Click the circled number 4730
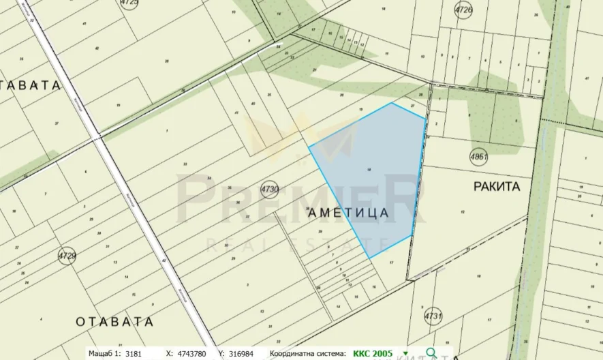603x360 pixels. click(270, 188)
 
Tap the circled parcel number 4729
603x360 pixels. click(67, 256)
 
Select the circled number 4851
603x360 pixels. click(480, 157)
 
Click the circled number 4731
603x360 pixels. click(433, 317)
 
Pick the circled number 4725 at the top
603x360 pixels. click(129, 3)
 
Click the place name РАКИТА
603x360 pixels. click(496, 186)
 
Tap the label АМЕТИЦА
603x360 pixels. click(349, 213)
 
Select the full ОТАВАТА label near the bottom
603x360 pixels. click(114, 321)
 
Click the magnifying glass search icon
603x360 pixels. click(431, 353)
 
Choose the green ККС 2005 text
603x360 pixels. click(373, 353)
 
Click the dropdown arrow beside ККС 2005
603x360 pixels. click(406, 353)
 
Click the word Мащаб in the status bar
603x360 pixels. click(104, 353)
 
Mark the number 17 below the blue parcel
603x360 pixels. click(391, 262)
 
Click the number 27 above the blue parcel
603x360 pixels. click(412, 106)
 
